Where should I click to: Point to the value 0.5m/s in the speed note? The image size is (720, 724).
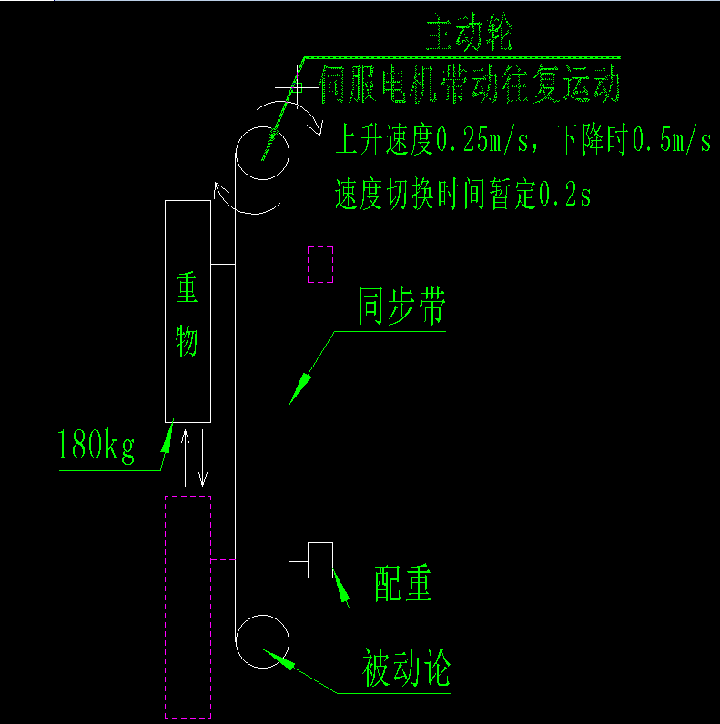tap(672, 140)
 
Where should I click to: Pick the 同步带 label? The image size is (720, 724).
tap(401, 309)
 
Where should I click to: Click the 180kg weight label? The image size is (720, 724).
tap(96, 447)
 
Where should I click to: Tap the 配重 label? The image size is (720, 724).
tap(402, 584)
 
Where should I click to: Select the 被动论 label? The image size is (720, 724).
tap(406, 670)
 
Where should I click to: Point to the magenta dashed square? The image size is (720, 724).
tap(320, 264)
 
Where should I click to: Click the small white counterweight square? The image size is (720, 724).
tap(320, 559)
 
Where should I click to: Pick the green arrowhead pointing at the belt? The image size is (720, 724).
tap(301, 384)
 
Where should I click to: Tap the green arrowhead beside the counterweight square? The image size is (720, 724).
tap(341, 588)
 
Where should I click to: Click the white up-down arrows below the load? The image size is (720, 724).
tap(194, 457)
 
